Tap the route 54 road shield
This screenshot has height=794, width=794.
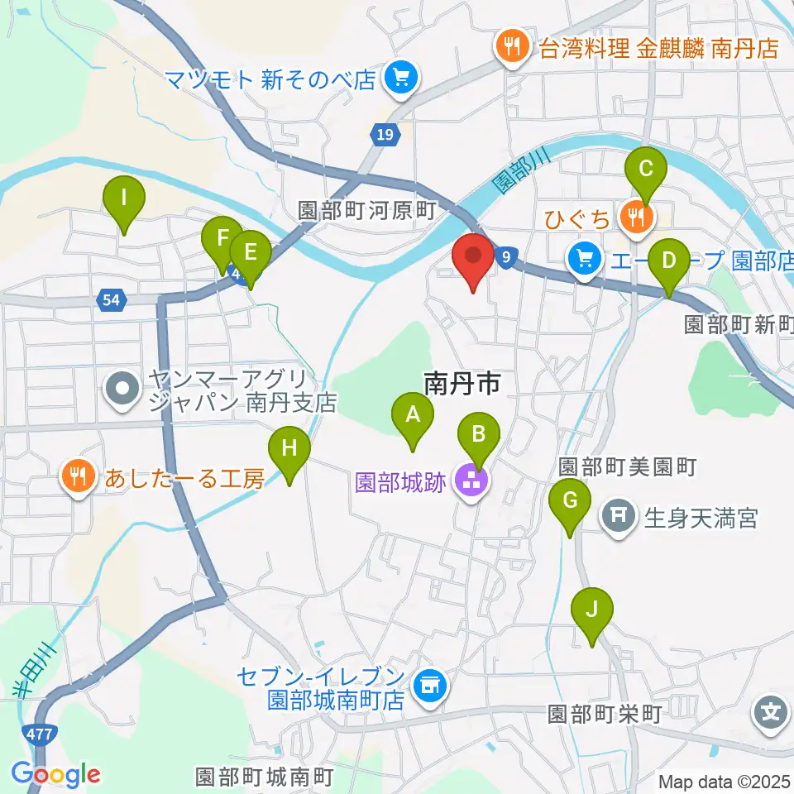pyautogui.click(x=110, y=299)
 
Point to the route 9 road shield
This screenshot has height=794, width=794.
pyautogui.click(x=505, y=258)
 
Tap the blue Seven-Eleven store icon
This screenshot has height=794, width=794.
pyautogui.click(x=429, y=685)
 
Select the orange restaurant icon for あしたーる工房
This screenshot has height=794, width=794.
pyautogui.click(x=78, y=477)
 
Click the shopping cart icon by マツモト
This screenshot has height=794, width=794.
pyautogui.click(x=403, y=79)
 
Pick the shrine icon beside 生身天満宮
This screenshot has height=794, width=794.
pyautogui.click(x=619, y=518)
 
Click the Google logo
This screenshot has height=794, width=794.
pyautogui.click(x=55, y=774)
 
